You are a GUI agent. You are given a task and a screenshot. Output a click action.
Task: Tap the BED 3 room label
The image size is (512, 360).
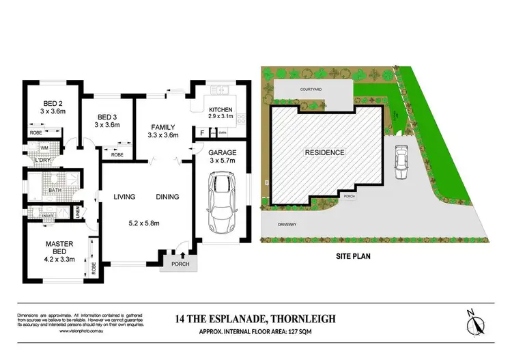coord(108,116)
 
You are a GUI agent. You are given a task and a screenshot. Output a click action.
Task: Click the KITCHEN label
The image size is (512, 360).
coord(221,110)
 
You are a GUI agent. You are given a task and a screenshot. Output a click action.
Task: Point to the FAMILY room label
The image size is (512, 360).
coord(162,127)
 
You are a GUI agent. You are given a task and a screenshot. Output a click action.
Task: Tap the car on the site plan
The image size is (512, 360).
coord(401,162)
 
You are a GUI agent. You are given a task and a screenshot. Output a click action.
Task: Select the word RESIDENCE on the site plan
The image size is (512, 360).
coord(324,152)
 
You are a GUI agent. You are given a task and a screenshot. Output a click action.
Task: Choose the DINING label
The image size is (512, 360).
coord(167,197)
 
